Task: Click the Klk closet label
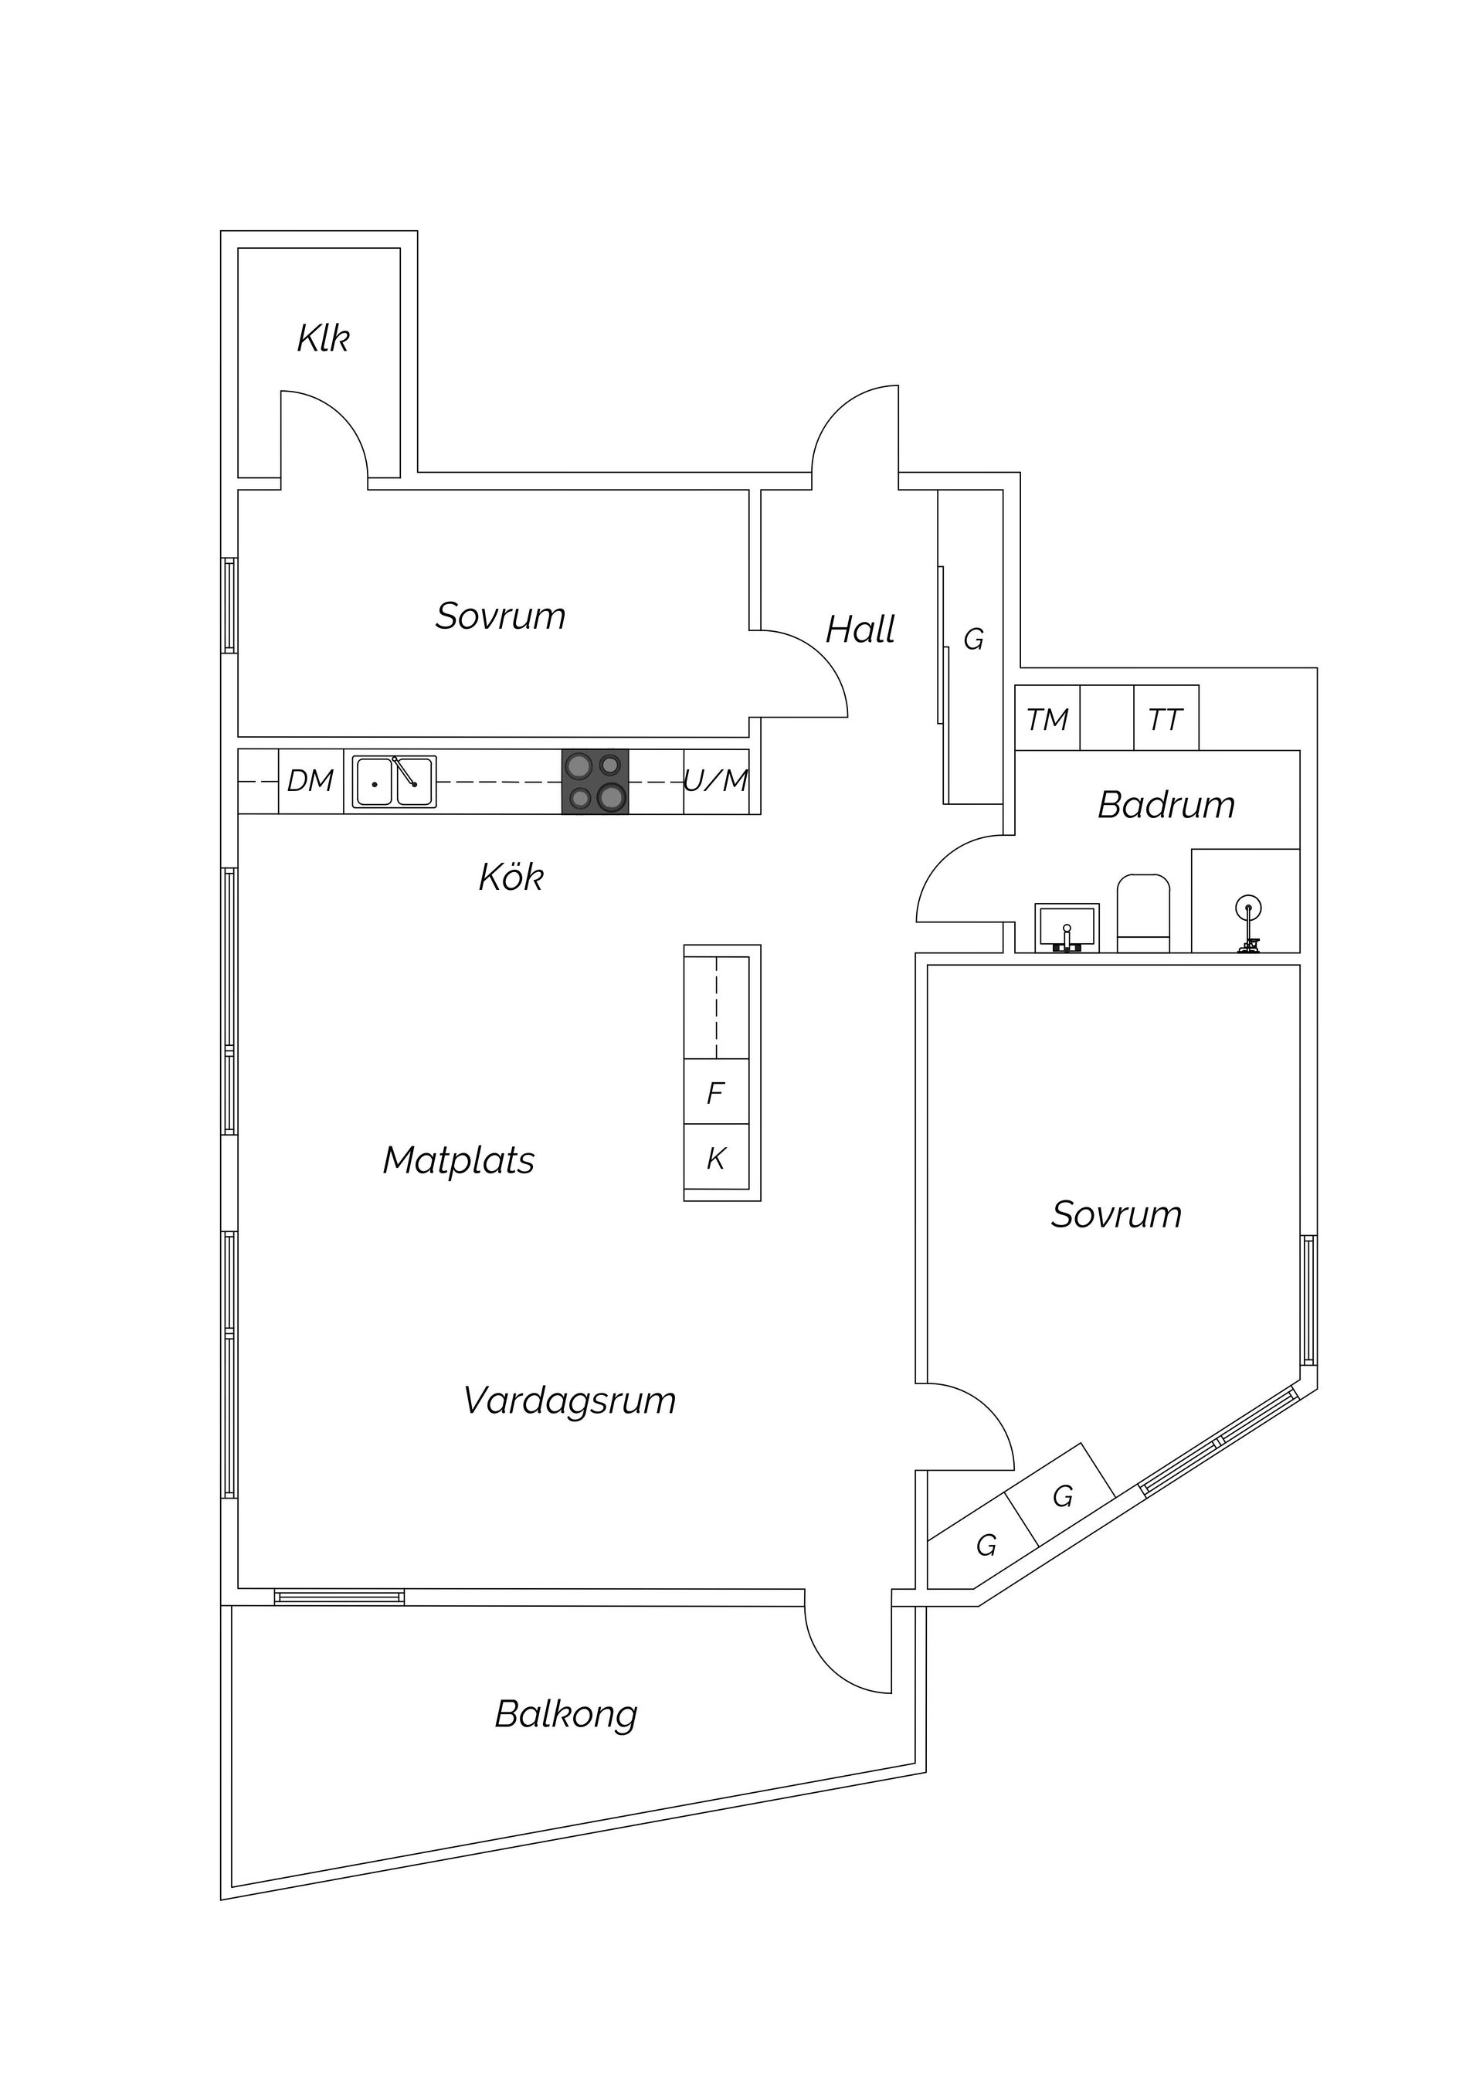pos(323,338)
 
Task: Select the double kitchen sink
pos(395,783)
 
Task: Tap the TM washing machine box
pos(1047,719)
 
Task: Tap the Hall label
pos(860,630)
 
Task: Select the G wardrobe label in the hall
pos(974,640)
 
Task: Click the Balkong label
pos(565,1714)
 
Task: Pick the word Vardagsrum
pos(569,1400)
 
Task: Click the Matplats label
pos(459,1160)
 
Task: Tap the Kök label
pos(511,878)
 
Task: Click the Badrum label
pos(1166,805)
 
